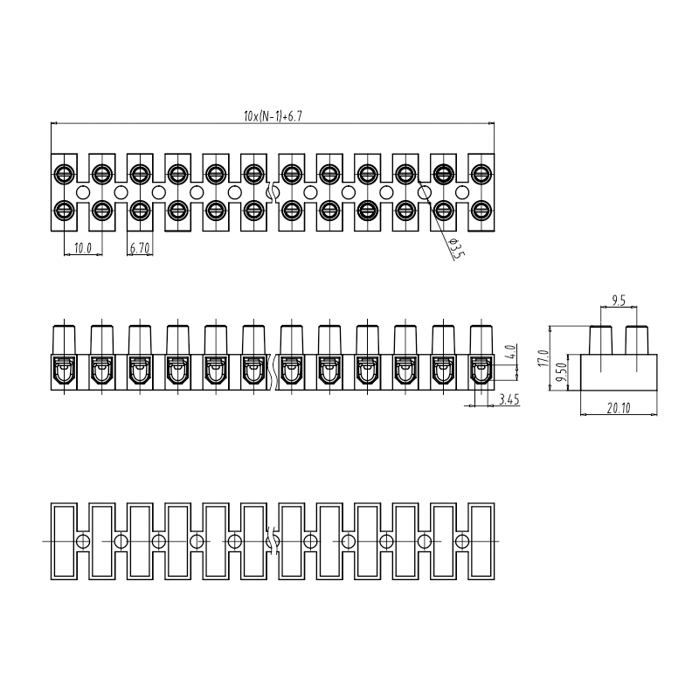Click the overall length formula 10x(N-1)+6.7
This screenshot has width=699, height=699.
point(273,116)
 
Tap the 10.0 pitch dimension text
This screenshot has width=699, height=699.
point(82,248)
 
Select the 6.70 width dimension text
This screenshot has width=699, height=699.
point(140,248)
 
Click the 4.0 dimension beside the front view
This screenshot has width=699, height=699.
point(511,352)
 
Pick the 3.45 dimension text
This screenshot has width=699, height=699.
point(509,399)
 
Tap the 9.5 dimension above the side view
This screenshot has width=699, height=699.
point(619,301)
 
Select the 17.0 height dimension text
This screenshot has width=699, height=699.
point(543,358)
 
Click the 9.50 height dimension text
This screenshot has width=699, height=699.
point(562,372)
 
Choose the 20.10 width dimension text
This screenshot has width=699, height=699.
point(619,408)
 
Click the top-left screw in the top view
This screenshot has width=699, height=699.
point(64,173)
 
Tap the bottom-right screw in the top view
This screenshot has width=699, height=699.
point(481,210)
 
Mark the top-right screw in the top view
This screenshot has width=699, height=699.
point(481,173)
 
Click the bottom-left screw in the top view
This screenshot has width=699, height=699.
point(64,210)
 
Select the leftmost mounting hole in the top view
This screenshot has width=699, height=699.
point(83,192)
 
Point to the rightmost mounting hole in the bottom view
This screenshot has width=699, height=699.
point(462,541)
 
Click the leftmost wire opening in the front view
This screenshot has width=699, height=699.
point(64,370)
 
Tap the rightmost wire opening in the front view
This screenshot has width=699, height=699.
point(481,370)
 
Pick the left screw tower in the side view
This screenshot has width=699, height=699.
point(601,341)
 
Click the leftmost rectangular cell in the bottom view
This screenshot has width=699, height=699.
point(64,541)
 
